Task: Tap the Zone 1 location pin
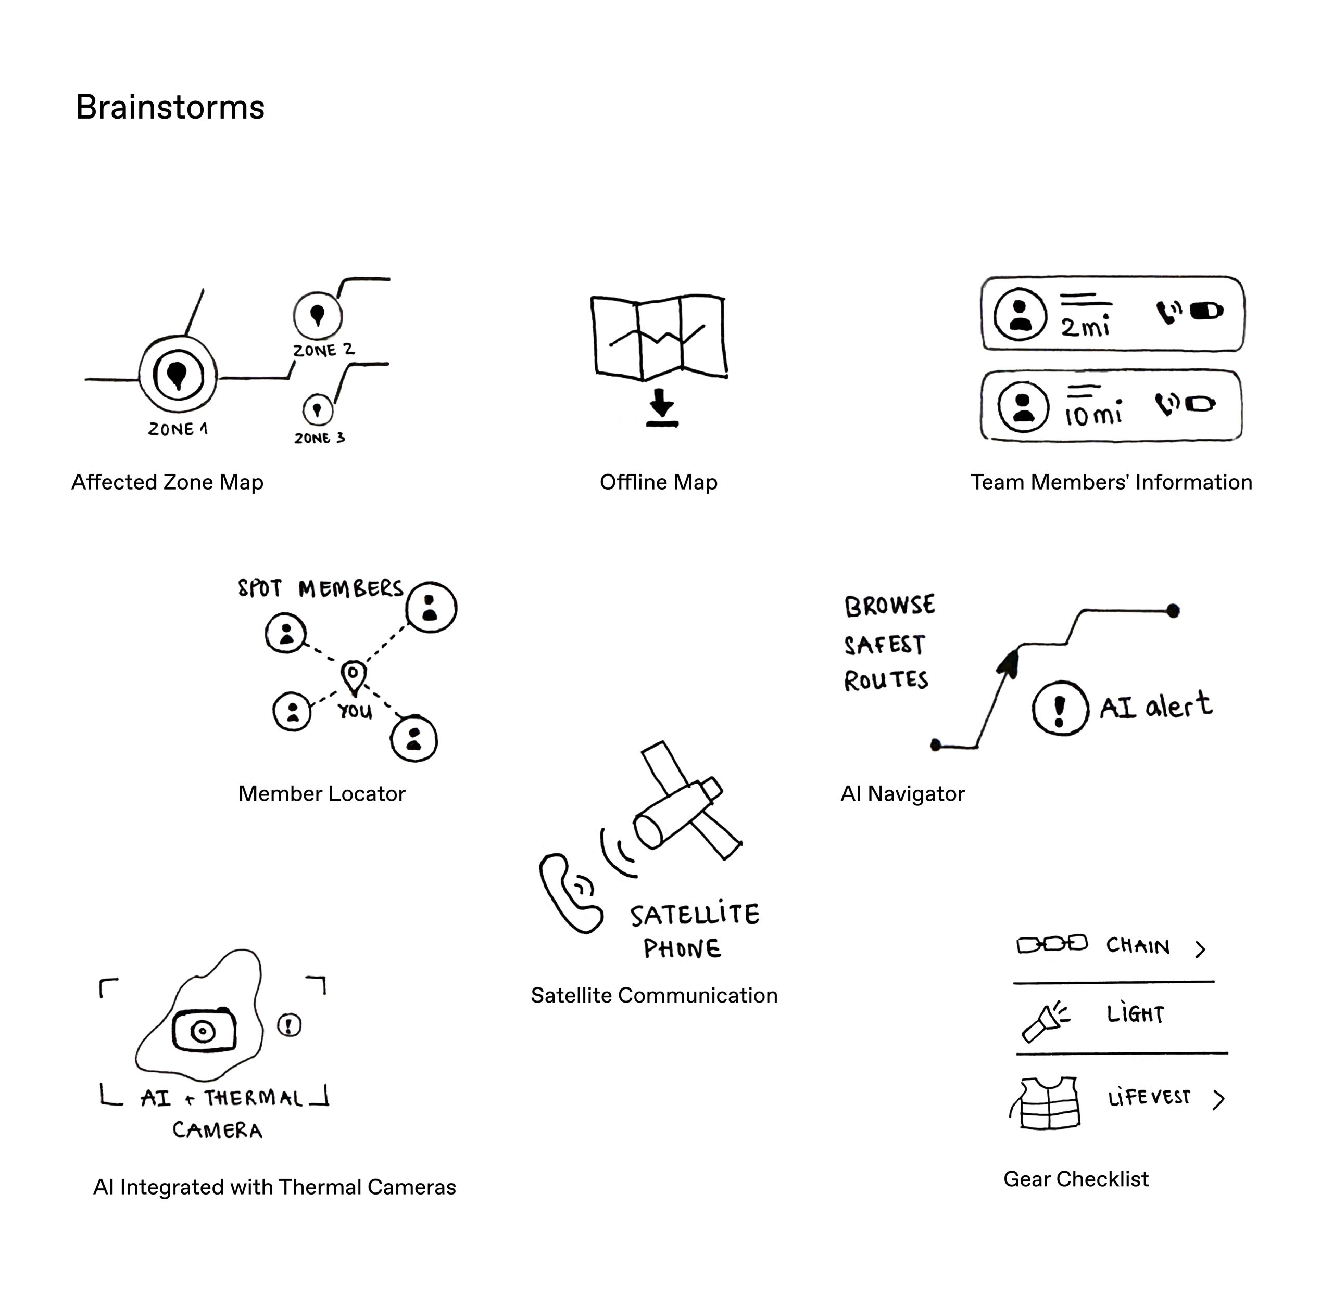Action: click(178, 376)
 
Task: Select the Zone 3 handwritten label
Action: click(320, 438)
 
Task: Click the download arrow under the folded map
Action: click(662, 407)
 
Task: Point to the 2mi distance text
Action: click(1085, 326)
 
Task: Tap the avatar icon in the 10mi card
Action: click(1023, 406)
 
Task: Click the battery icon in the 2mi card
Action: click(1206, 311)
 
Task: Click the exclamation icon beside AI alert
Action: click(1060, 708)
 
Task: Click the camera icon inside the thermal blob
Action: click(203, 1031)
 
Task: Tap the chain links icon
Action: click(1051, 944)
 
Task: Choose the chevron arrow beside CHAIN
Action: click(1200, 949)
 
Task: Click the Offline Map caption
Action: click(658, 482)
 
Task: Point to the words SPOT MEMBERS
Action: click(320, 589)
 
